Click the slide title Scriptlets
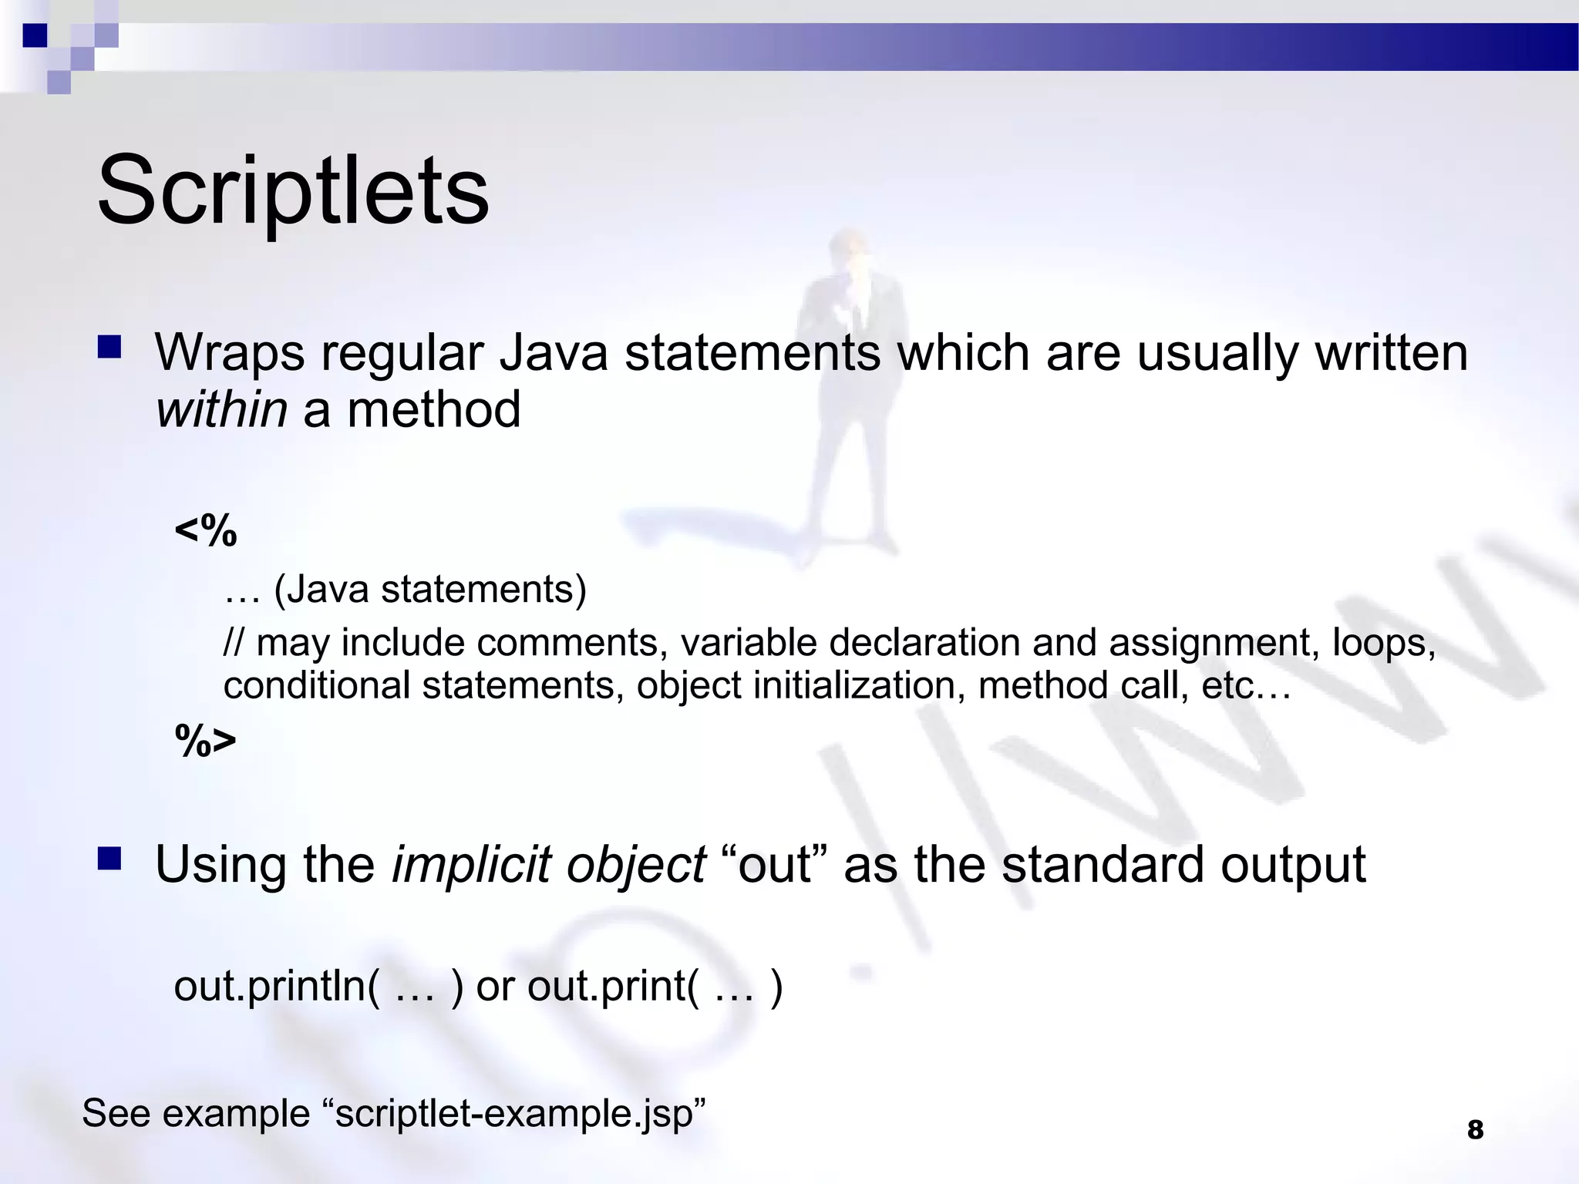tap(293, 190)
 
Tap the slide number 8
tap(1475, 1130)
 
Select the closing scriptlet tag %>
tap(206, 741)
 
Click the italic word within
tap(221, 409)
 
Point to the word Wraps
tap(230, 353)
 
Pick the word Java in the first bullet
tap(554, 353)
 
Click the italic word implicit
tap(471, 865)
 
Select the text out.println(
tap(277, 986)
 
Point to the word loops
tap(1383, 643)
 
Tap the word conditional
tap(316, 685)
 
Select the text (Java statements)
tap(430, 590)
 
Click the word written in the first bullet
tap(1391, 353)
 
